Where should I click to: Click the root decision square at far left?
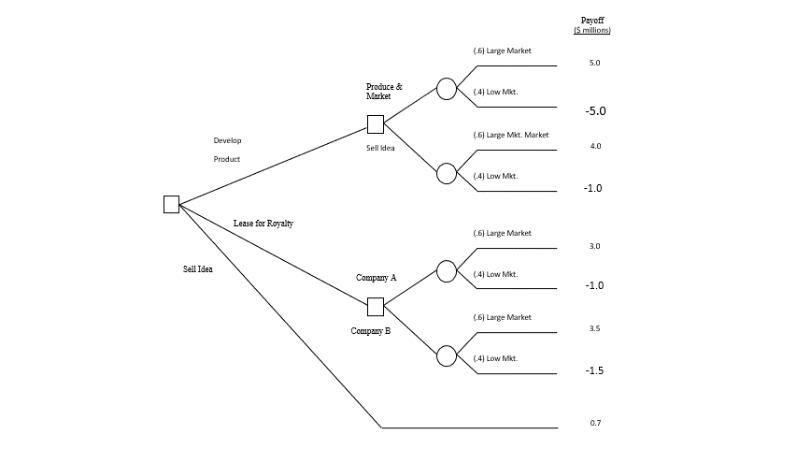tap(171, 204)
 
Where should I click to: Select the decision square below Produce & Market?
tap(376, 124)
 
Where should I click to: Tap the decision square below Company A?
tap(376, 306)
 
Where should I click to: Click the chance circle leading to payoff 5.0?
tap(447, 89)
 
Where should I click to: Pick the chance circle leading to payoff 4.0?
tap(447, 173)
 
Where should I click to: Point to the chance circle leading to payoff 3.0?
tap(447, 271)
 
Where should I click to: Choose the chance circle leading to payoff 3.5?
tap(447, 355)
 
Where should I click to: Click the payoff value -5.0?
tap(595, 110)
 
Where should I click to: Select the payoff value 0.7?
tap(595, 423)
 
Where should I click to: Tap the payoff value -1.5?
tap(593, 370)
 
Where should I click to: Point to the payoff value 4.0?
tap(595, 146)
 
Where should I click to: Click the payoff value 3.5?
tap(595, 328)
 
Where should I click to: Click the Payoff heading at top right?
tap(592, 21)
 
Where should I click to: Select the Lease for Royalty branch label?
tap(263, 224)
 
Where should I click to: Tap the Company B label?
tap(371, 331)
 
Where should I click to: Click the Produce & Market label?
tap(384, 91)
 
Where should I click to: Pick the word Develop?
tap(227, 140)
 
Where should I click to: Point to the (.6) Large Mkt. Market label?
tap(510, 135)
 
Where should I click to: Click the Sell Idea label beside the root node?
tap(197, 269)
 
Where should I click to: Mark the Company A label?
tap(376, 278)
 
